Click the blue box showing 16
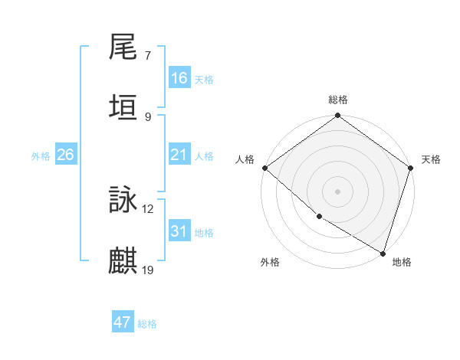pyautogui.click(x=179, y=78)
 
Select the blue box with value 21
pyautogui.click(x=179, y=155)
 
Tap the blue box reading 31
pyautogui.click(x=179, y=231)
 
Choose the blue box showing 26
pyautogui.click(x=65, y=155)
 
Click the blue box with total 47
pyautogui.click(x=123, y=322)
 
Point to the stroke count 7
pyautogui.click(x=148, y=56)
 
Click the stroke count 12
pyautogui.click(x=148, y=208)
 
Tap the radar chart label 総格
pyautogui.click(x=338, y=100)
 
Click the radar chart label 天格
pyautogui.click(x=431, y=159)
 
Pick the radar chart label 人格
pyautogui.click(x=245, y=159)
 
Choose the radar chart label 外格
pyautogui.click(x=270, y=262)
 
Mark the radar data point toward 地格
pyautogui.click(x=383, y=253)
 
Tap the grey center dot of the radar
pyautogui.click(x=338, y=191)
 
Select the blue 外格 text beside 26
pyautogui.click(x=41, y=155)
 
